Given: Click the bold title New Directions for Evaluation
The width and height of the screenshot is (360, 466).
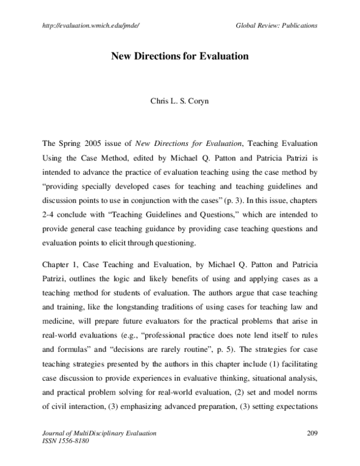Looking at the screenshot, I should [x=179, y=58].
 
